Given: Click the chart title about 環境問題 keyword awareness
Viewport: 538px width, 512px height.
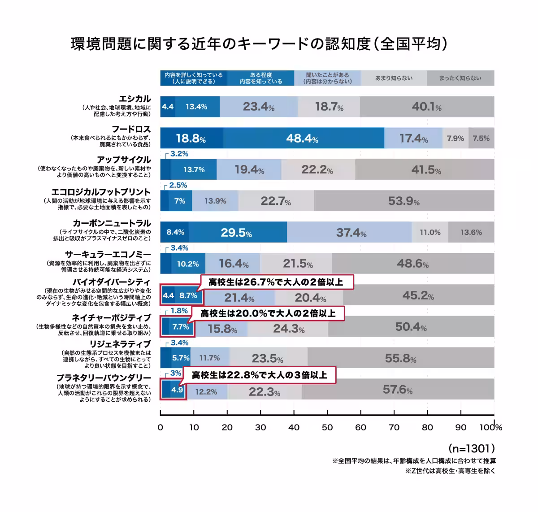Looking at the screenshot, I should [259, 44].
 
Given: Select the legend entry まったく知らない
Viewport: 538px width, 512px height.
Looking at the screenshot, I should [460, 78].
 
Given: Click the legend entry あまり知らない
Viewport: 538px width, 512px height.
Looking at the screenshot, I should [394, 78].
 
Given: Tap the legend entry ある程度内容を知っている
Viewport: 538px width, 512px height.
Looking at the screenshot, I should [260, 78].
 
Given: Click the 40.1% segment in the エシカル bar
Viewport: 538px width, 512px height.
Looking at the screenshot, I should [426, 107].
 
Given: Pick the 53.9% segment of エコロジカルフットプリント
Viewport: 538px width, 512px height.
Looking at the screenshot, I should [403, 201].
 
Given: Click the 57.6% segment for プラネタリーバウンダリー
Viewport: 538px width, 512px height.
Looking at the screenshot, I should [397, 390].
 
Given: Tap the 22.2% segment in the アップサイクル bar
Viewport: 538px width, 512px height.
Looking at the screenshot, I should [317, 169].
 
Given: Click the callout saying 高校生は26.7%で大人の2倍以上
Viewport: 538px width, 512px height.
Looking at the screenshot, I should [276, 282].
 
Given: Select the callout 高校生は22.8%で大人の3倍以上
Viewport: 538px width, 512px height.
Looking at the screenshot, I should [260, 375].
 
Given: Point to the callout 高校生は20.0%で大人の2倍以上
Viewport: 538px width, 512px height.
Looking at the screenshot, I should [268, 313].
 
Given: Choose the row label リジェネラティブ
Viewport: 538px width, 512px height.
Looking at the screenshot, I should [120, 344].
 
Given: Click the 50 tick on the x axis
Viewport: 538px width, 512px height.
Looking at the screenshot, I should [327, 427].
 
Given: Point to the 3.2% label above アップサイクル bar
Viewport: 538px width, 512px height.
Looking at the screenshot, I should [179, 154].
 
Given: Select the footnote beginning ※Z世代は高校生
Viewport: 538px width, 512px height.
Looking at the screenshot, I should [450, 471].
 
